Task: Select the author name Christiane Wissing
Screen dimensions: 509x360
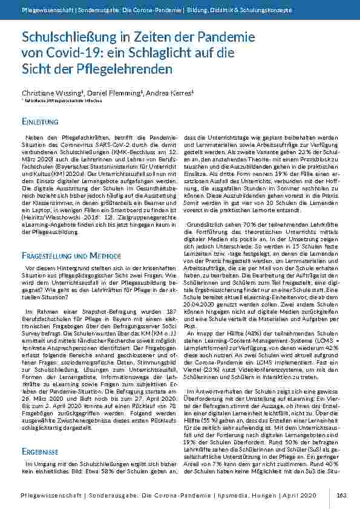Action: tap(52, 94)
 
